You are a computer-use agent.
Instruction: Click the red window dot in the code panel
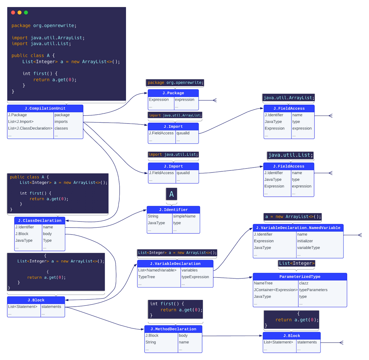(x=13, y=12)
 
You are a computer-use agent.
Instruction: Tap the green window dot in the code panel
(x=26, y=12)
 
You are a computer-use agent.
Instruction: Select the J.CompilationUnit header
(x=45, y=108)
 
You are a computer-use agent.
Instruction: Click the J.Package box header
(x=173, y=93)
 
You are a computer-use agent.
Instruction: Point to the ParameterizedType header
(x=300, y=277)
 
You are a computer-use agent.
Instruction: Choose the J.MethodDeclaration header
(x=173, y=329)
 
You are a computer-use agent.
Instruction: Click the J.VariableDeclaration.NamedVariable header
(x=298, y=228)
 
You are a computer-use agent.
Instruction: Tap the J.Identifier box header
(x=173, y=210)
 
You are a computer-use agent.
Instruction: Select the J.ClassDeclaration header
(x=39, y=220)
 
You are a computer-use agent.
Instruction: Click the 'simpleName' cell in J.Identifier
(x=184, y=216)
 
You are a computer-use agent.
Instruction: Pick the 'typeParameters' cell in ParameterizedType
(x=313, y=290)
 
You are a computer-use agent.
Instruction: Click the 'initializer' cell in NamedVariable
(x=305, y=241)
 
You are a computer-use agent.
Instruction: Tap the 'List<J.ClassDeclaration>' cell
(x=30, y=128)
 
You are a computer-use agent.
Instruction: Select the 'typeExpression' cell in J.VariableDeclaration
(x=195, y=277)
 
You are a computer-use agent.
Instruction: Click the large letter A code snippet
(x=172, y=194)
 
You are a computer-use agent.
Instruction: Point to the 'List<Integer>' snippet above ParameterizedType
(x=297, y=263)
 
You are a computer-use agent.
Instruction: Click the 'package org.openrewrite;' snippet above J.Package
(x=175, y=83)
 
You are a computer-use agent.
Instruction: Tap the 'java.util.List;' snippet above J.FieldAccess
(x=290, y=155)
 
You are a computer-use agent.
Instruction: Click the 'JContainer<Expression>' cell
(x=275, y=290)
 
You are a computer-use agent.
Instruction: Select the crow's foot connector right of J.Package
(x=214, y=100)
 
